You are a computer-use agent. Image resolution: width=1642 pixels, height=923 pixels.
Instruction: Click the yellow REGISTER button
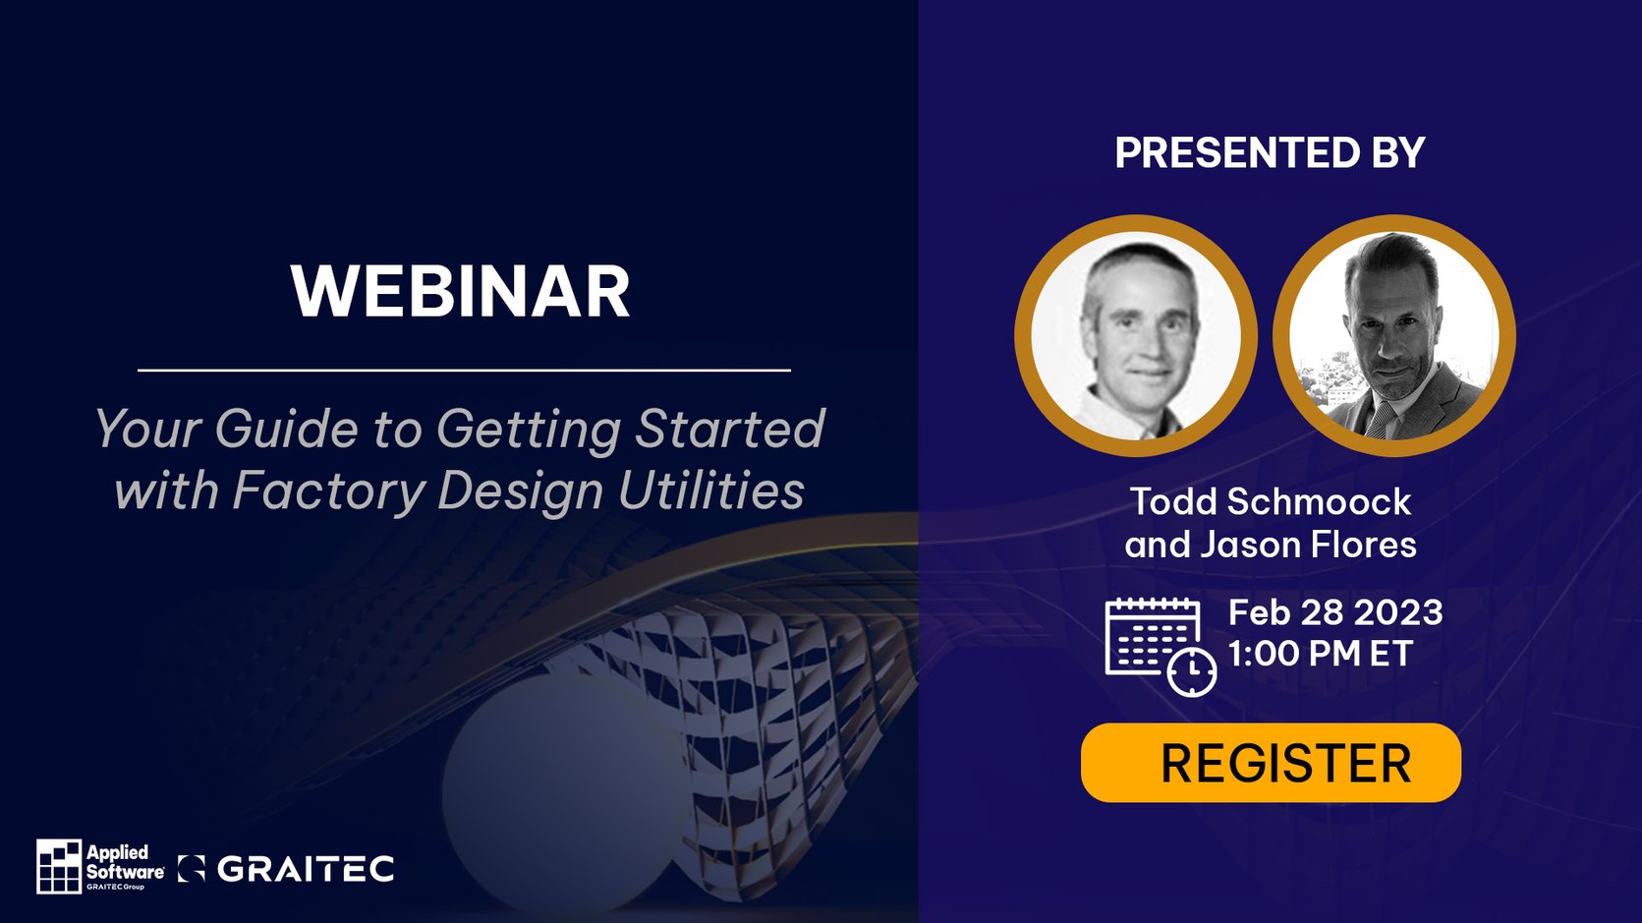point(1270,763)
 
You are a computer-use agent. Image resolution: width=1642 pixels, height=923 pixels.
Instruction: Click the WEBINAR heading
point(460,292)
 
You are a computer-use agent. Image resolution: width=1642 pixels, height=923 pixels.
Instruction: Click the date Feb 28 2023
point(1334,612)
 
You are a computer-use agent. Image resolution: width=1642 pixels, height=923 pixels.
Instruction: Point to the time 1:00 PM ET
point(1320,654)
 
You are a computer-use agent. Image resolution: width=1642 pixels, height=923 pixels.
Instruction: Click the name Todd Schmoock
point(1270,501)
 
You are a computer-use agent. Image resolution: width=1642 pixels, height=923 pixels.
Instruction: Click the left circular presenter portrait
point(1135,336)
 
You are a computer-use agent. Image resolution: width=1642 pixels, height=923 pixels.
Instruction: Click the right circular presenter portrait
point(1393,336)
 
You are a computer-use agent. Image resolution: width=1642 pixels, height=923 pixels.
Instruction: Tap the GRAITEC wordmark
point(305,869)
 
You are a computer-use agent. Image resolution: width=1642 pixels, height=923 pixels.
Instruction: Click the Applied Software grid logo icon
point(59,866)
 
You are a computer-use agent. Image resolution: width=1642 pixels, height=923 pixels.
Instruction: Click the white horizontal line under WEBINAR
point(464,371)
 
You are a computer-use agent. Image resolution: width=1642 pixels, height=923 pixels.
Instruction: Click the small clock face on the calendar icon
point(1192,671)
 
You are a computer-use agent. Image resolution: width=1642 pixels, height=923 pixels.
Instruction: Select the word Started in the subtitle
point(729,430)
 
